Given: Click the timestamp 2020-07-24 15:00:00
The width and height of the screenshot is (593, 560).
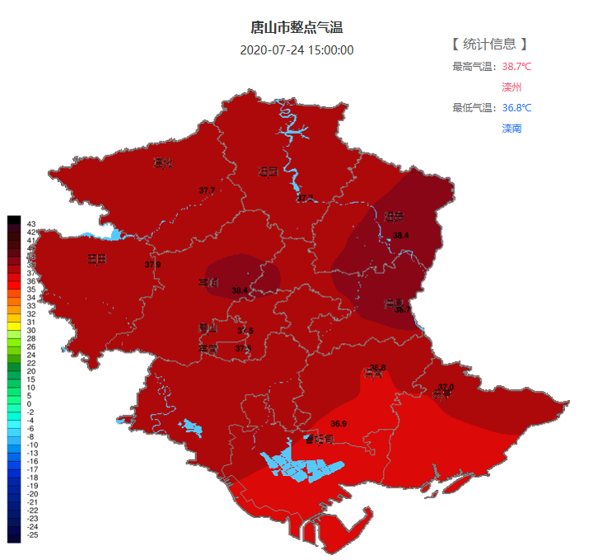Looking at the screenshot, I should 296,49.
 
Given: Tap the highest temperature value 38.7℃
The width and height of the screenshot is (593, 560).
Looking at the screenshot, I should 516,67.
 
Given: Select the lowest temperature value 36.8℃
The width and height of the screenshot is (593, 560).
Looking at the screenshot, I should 516,108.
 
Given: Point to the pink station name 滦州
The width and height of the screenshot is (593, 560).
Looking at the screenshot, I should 511,87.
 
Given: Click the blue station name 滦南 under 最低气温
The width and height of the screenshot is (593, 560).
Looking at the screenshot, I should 511,129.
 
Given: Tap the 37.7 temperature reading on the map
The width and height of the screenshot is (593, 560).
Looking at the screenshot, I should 207,191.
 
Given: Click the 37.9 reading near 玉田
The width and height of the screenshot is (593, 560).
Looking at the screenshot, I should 152,265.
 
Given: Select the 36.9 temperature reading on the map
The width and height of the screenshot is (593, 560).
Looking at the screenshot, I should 339,424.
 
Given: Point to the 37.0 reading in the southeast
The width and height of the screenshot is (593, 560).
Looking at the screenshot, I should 446,387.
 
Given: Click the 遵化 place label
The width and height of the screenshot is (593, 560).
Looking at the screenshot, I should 162,162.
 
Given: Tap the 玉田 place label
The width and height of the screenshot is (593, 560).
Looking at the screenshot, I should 97,259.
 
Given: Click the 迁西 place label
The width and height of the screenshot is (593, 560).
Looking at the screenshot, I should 268,172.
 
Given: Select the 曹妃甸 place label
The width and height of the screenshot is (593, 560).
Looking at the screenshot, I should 318,439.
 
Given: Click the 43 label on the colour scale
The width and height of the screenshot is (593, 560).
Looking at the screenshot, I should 30,224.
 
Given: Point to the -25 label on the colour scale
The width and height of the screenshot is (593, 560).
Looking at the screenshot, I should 32,535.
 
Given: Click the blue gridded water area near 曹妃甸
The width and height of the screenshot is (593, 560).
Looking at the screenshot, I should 301,466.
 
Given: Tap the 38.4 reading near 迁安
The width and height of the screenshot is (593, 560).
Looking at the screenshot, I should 401,236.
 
